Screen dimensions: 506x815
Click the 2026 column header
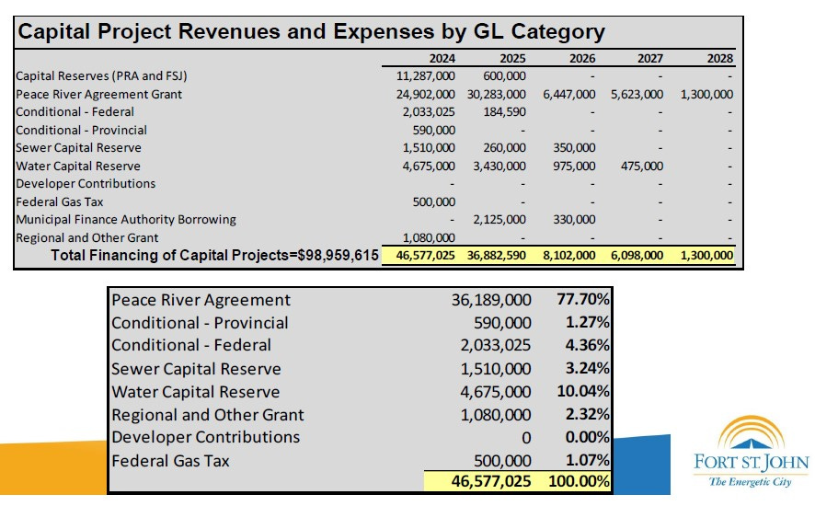(580, 59)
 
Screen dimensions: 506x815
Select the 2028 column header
(718, 59)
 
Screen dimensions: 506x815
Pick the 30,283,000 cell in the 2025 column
(496, 94)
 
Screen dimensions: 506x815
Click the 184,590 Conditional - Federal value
(504, 112)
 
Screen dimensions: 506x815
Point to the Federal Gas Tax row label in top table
(54, 201)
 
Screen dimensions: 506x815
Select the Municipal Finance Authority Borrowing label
(126, 219)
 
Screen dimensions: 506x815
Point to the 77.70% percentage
(582, 300)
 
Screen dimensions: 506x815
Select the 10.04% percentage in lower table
(582, 391)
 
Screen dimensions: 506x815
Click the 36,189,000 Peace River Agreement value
(491, 300)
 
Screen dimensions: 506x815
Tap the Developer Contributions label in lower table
(205, 437)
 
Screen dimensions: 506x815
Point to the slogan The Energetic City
(752, 482)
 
